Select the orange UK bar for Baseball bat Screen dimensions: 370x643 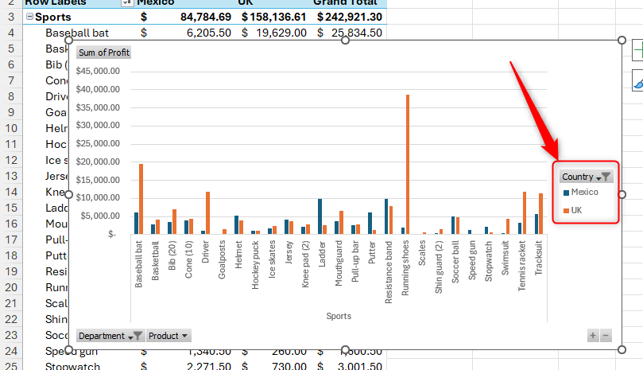pos(141,199)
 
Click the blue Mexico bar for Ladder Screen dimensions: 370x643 pos(320,216)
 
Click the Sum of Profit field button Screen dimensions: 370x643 pos(104,53)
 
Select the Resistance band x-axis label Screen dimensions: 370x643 pos(388,271)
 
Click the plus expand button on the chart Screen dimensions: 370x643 pos(593,336)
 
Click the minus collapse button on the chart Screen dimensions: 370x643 pos(606,336)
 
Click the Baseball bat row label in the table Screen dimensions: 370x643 pos(77,33)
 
